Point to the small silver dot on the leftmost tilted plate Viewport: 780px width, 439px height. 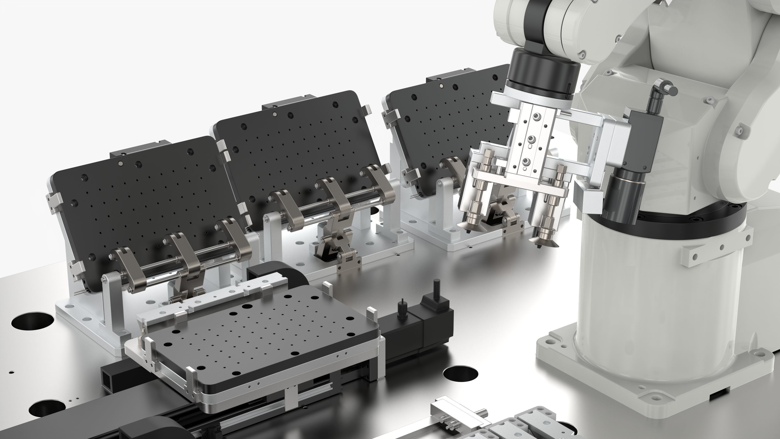[121, 164]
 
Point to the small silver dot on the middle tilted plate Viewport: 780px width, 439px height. [275, 114]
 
